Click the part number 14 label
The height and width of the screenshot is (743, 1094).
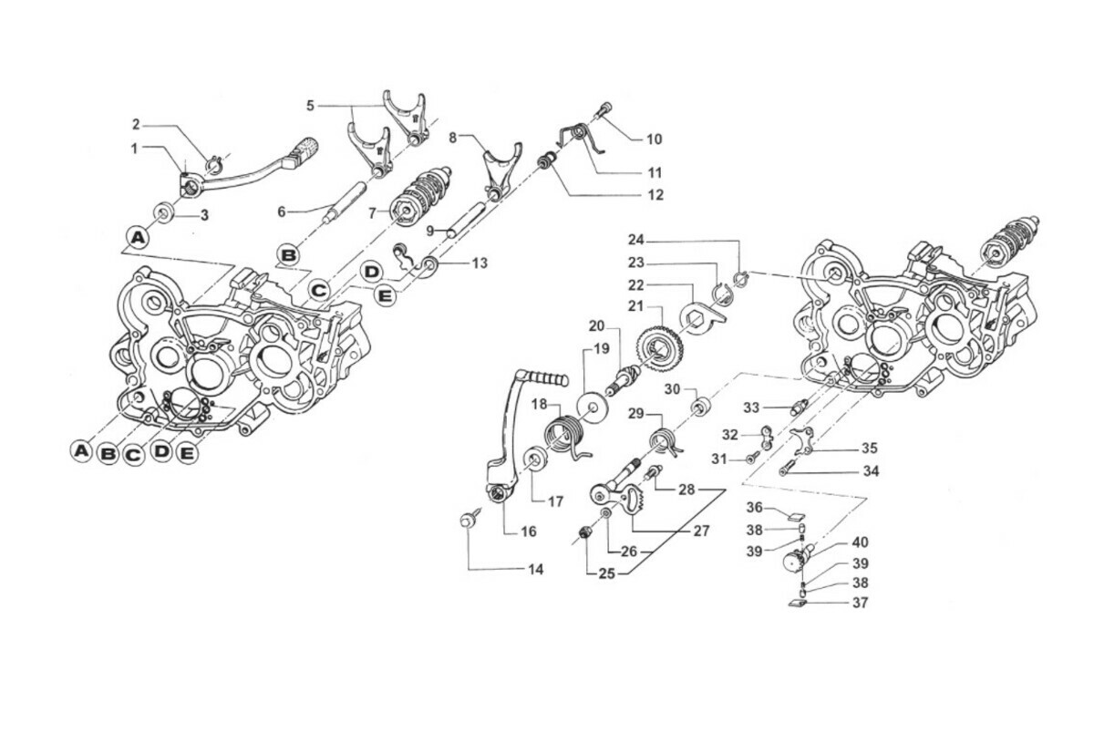pos(535,570)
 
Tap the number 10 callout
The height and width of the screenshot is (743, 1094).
pos(655,139)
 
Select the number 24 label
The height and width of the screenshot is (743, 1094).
pos(636,241)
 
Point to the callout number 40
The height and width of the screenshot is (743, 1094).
pos(861,542)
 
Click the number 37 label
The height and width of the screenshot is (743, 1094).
pos(861,603)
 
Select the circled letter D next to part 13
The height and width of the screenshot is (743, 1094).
pos(370,271)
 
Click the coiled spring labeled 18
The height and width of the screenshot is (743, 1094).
pos(564,432)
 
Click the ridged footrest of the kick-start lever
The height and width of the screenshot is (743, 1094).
pos(552,377)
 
